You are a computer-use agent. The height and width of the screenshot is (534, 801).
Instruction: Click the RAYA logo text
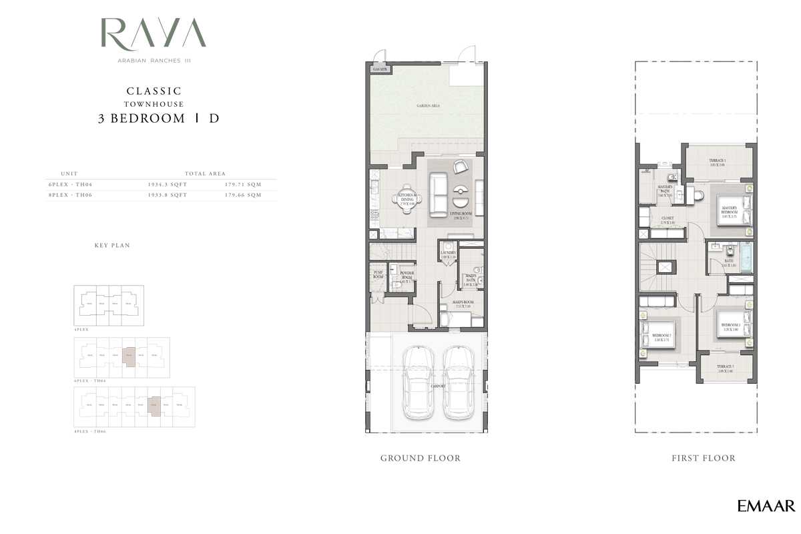coord(154,34)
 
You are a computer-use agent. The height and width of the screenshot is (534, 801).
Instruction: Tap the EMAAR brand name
coord(766,506)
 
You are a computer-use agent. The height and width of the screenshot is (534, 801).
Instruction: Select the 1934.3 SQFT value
coord(167,184)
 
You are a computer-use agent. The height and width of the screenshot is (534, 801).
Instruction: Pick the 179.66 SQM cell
coord(243,195)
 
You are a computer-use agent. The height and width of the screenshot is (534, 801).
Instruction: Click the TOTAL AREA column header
coord(205,173)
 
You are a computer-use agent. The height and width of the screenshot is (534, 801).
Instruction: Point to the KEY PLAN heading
coord(112,246)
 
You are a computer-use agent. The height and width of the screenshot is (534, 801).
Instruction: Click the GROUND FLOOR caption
coord(421,458)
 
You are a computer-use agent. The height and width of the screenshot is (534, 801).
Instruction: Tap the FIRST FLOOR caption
coord(704,458)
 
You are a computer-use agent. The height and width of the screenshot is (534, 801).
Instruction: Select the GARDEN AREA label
coord(428,105)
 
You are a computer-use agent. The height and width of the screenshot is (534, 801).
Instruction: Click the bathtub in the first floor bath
coord(746,258)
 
